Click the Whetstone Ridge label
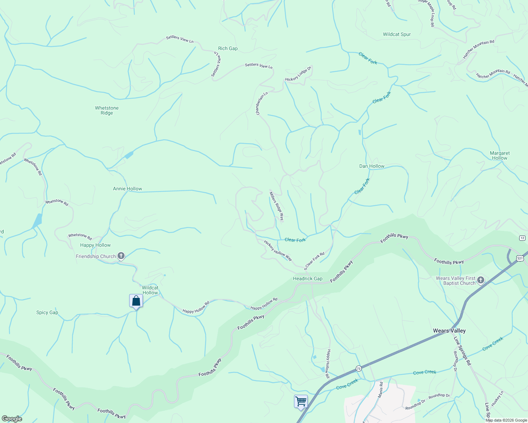[107, 111]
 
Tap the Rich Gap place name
[228, 49]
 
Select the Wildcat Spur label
[397, 35]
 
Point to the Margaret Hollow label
[500, 156]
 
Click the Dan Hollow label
[372, 166]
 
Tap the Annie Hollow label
[127, 189]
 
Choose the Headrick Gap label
[307, 279]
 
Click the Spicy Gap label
[47, 313]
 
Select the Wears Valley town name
[449, 331]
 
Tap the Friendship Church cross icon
[121, 256]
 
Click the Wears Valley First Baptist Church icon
[480, 281]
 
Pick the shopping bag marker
[136, 301]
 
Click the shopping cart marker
[301, 401]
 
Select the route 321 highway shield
[520, 259]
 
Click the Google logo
[12, 419]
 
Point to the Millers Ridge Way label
[276, 206]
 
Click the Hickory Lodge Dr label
[298, 74]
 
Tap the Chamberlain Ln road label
[262, 104]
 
